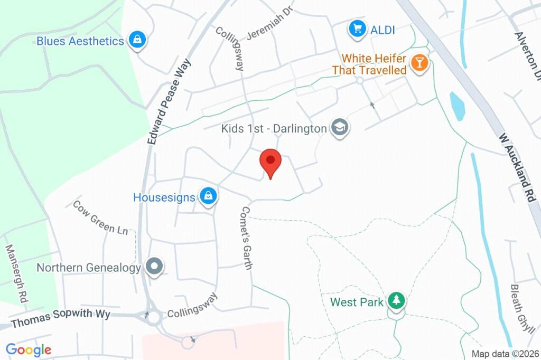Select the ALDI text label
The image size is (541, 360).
(x=383, y=30)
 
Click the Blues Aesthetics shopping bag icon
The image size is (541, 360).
(x=137, y=40)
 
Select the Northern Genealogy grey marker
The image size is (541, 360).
(x=154, y=267)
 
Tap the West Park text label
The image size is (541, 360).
(x=356, y=302)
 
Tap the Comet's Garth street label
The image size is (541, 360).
(x=245, y=237)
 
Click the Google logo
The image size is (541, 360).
(x=28, y=349)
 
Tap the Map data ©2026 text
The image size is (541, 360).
(x=505, y=354)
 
